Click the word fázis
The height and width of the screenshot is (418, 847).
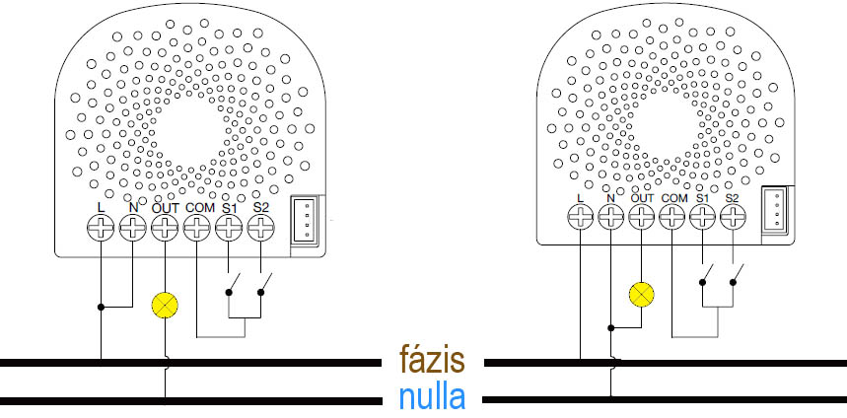pyautogui.click(x=433, y=361)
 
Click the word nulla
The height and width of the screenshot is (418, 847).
pyautogui.click(x=433, y=397)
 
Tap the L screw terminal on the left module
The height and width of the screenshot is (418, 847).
pyautogui.click(x=101, y=230)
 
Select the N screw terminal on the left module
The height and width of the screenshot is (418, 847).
pyautogui.click(x=132, y=230)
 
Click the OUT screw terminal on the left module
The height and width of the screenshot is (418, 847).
pyautogui.click(x=165, y=230)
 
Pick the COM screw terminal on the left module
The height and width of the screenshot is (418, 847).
pyautogui.click(x=197, y=230)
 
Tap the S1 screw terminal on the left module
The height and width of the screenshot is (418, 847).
pyautogui.click(x=229, y=230)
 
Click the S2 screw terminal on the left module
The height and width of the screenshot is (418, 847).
pyautogui.click(x=260, y=230)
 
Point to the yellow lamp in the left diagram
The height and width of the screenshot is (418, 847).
pyautogui.click(x=165, y=305)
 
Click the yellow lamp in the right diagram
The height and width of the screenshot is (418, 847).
pyautogui.click(x=642, y=293)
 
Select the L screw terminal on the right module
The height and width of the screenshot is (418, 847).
pyautogui.click(x=580, y=218)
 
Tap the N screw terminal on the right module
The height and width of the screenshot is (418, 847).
pyautogui.click(x=610, y=218)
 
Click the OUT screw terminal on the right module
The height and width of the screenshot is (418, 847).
pyautogui.click(x=642, y=218)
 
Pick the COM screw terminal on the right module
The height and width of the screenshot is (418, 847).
pyautogui.click(x=672, y=218)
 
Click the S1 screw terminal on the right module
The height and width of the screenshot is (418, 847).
pyautogui.click(x=702, y=218)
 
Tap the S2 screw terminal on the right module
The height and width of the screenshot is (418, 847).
pyautogui.click(x=732, y=218)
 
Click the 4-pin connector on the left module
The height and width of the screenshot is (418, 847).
pyautogui.click(x=307, y=218)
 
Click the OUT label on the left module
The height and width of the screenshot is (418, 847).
pyautogui.click(x=165, y=207)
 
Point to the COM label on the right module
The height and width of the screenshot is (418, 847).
pyautogui.click(x=673, y=198)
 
